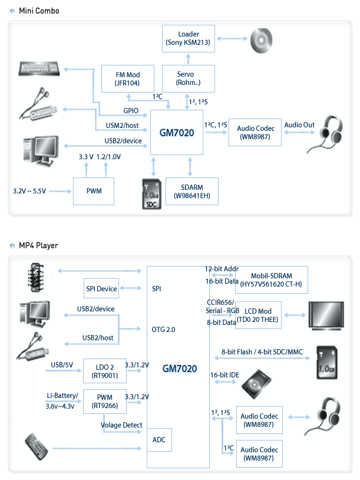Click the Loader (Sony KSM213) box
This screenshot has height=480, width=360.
pyautogui.click(x=187, y=37)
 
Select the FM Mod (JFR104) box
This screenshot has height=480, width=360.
pyautogui.click(x=127, y=78)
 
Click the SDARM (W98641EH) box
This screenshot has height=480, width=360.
pyautogui.click(x=192, y=191)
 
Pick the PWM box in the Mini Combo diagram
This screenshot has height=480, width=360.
pyautogui.click(x=94, y=192)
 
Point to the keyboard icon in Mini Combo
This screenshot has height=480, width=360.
pyautogui.click(x=39, y=70)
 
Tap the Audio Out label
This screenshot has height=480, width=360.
pyautogui.click(x=299, y=125)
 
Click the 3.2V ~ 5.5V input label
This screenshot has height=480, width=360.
pyautogui.click(x=29, y=192)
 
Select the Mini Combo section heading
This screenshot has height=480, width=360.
pyautogui.click(x=39, y=11)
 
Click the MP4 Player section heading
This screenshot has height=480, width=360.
pyautogui.click(x=38, y=245)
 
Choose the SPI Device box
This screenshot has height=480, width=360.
pyautogui.click(x=101, y=288)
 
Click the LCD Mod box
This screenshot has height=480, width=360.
pyautogui.click(x=259, y=315)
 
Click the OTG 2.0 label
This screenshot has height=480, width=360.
pyautogui.click(x=163, y=329)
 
